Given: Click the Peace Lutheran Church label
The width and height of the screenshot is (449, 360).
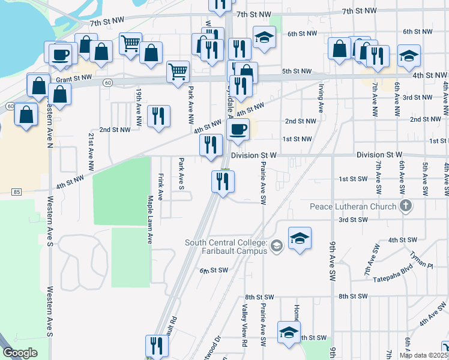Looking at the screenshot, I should click(353, 207).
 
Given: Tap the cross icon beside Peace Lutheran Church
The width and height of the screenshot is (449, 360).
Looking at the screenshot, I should click(406, 206).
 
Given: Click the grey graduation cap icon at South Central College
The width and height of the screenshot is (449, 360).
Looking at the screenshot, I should click(276, 245).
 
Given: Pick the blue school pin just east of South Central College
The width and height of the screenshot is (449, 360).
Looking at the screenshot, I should click(300, 239).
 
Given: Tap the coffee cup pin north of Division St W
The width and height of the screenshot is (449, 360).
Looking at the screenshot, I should click(238, 130).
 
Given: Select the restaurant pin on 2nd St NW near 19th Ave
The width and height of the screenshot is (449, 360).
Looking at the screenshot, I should click(158, 116).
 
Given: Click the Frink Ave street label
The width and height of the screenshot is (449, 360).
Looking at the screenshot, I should click(160, 187).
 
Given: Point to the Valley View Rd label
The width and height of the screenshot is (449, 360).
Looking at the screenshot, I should click(244, 326).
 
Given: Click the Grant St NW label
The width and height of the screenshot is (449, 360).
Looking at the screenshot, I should click(73, 79).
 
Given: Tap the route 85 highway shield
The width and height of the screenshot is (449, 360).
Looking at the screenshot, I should click(17, 192).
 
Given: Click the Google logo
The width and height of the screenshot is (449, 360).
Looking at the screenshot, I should click(20, 353).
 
